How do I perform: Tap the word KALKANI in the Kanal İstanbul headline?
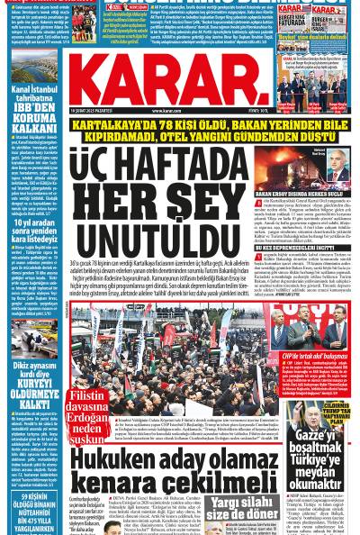pyautogui.click(x=35, y=128)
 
